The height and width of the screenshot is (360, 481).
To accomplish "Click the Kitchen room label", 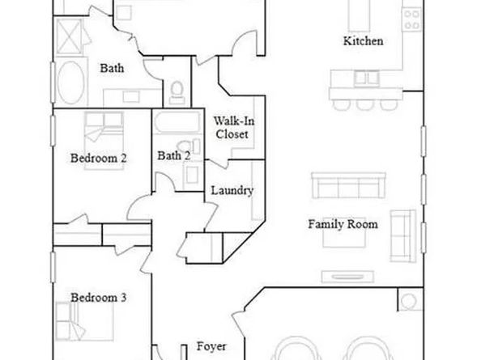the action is [363, 40].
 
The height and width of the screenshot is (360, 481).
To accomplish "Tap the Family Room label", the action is [343, 224].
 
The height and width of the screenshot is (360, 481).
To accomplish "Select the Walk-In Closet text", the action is [234, 128].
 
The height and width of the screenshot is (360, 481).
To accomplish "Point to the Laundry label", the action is [232, 191].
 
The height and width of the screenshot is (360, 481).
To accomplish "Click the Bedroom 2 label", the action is [99, 158].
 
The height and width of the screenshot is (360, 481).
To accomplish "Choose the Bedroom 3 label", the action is [99, 298].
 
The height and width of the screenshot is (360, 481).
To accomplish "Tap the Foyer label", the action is [211, 347].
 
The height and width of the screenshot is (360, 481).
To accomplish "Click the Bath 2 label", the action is [174, 155].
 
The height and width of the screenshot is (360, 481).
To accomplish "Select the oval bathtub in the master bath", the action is [71, 82].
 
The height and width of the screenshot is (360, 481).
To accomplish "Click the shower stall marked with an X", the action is [70, 36].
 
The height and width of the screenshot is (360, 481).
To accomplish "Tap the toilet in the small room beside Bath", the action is [177, 92].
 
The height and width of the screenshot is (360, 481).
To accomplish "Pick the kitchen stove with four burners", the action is [411, 19].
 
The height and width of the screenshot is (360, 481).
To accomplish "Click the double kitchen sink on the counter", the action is [366, 78].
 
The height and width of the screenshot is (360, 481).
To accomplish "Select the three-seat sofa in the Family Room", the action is [348, 186].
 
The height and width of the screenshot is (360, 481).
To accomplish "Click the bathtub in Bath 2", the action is [177, 122].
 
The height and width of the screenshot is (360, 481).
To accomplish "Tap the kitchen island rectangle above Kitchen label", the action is [359, 15].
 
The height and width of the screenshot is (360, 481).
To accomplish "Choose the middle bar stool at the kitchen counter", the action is [365, 104].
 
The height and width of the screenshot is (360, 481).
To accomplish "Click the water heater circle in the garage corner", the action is [409, 302].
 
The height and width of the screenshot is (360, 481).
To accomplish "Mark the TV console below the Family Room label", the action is [347, 277].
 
